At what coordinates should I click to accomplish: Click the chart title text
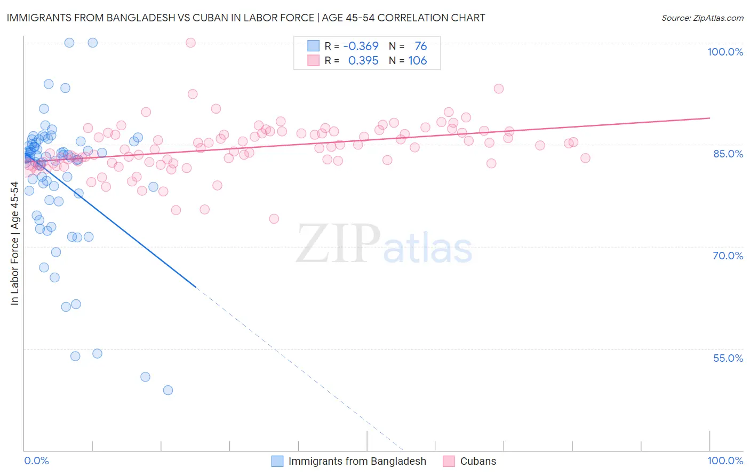(x=245, y=18)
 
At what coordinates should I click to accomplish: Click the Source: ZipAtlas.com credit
(x=702, y=18)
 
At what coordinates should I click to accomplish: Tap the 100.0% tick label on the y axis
(x=725, y=52)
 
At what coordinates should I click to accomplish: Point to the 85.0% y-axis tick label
(x=728, y=154)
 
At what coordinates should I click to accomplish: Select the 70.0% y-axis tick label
(x=728, y=256)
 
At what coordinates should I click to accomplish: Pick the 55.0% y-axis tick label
(x=728, y=358)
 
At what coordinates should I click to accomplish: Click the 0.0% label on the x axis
(x=36, y=461)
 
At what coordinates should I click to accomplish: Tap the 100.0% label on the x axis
(x=725, y=461)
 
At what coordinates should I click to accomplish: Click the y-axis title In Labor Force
(x=14, y=243)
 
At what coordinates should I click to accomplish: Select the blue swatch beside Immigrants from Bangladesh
(x=277, y=461)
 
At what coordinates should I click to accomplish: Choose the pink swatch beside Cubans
(x=449, y=461)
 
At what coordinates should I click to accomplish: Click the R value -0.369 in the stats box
(x=361, y=46)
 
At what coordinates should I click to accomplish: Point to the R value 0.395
(x=363, y=61)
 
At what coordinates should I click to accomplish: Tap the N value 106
(x=418, y=61)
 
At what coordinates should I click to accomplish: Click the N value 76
(x=421, y=46)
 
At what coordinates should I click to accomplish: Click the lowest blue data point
(x=168, y=390)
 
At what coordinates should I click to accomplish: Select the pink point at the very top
(x=190, y=43)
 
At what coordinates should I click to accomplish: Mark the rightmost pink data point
(x=585, y=158)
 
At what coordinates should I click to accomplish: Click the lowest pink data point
(x=274, y=219)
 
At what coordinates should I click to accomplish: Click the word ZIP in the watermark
(x=338, y=244)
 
